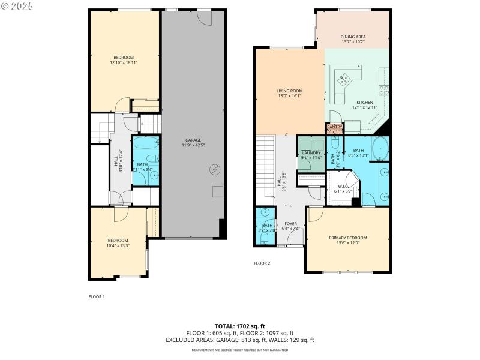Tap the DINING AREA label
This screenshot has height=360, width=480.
pos(353,37)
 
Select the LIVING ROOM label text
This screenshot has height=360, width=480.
pos(289,91)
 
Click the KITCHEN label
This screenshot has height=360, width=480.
pos(365,103)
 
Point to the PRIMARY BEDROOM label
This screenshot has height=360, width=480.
pos(347,238)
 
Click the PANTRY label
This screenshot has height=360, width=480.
pos(334,127)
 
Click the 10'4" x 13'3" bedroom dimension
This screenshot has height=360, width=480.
pos(118,245)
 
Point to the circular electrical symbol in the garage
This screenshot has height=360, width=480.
pos(214,170)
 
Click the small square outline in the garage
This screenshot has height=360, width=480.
pos(217,191)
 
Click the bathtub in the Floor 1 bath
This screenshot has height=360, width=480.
pos(145,144)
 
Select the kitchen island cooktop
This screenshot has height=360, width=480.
pos(345,78)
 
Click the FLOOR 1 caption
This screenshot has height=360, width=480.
pos(97,296)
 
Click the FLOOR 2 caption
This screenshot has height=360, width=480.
pos(262,263)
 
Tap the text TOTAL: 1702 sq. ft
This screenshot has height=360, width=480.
pos(239,326)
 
